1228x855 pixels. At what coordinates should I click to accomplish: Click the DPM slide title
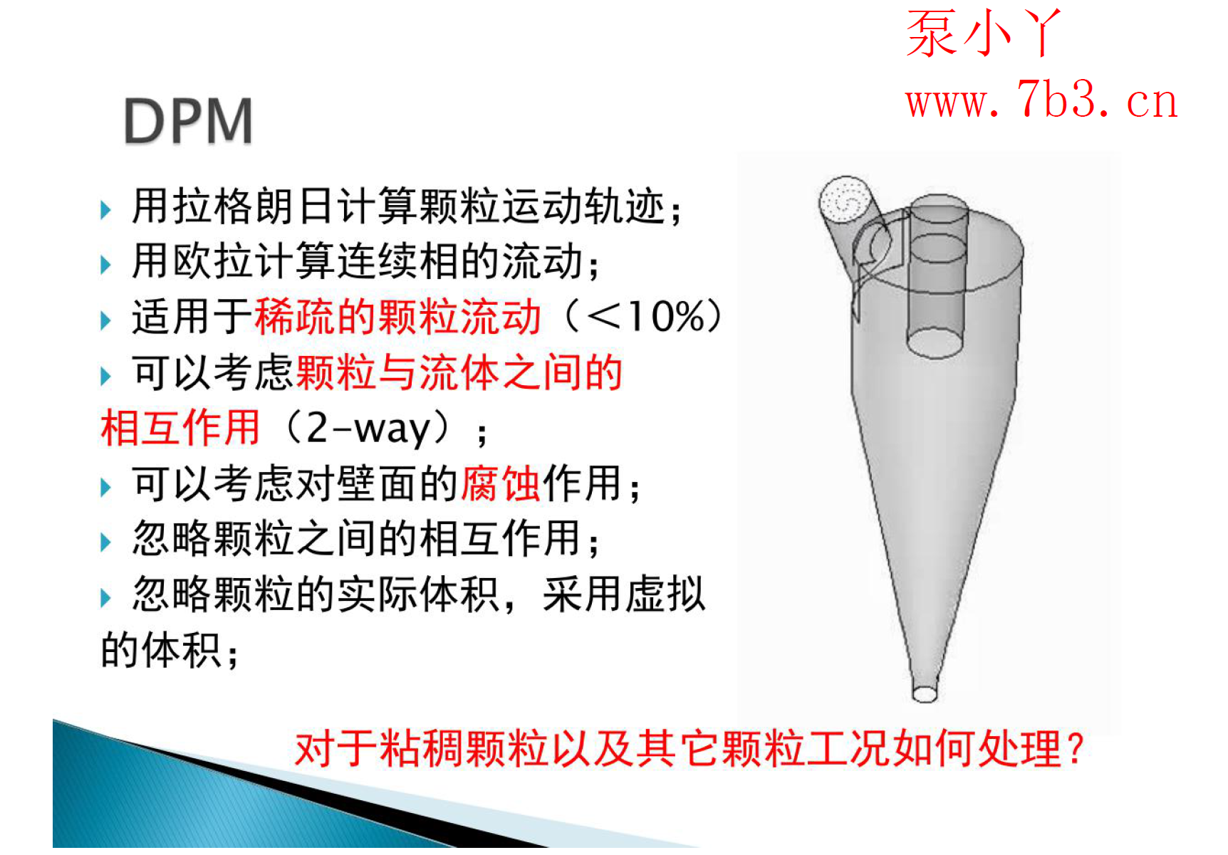(188, 121)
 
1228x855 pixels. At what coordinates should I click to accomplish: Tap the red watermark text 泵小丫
(983, 33)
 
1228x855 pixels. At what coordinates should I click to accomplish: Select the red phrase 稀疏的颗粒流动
(397, 317)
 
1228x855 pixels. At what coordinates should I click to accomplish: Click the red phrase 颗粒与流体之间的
(459, 372)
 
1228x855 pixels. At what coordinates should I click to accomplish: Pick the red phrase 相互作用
(180, 429)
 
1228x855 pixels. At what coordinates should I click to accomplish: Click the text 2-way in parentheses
(368, 429)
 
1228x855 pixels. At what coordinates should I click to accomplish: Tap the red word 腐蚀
(501, 484)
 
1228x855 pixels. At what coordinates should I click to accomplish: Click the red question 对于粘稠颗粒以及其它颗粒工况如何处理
(688, 749)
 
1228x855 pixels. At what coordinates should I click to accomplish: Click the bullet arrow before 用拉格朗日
(106, 210)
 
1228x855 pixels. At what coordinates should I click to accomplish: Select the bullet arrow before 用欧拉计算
(106, 265)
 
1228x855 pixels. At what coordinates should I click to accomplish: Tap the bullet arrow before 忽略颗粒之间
(106, 542)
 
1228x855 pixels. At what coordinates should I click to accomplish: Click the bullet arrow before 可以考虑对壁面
(106, 488)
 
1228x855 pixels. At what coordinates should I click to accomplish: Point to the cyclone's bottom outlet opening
(925, 693)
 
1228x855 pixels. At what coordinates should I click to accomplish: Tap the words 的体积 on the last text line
(160, 650)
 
